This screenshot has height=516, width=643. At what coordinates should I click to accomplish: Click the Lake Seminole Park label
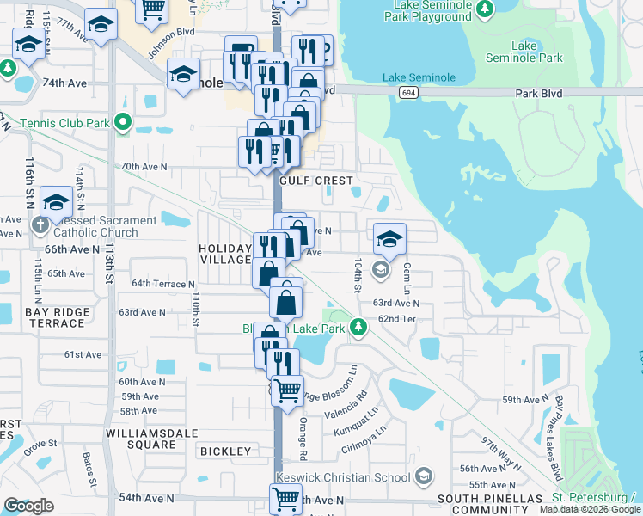tap(524, 52)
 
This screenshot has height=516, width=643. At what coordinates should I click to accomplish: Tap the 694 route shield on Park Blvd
tap(410, 91)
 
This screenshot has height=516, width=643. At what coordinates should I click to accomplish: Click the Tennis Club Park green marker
tap(122, 123)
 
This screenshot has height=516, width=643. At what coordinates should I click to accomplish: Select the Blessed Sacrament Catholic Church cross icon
tap(40, 226)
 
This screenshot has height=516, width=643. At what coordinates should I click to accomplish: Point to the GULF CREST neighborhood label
tap(316, 181)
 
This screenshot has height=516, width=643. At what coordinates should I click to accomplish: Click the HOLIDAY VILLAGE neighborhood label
tap(225, 255)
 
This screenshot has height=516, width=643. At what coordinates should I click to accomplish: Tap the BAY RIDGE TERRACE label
tap(34, 316)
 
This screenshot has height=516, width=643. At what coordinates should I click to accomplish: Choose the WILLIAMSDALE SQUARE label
tap(139, 439)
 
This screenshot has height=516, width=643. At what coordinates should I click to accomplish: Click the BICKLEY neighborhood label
tap(225, 451)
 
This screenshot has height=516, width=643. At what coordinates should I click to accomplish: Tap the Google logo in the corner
tap(28, 506)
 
